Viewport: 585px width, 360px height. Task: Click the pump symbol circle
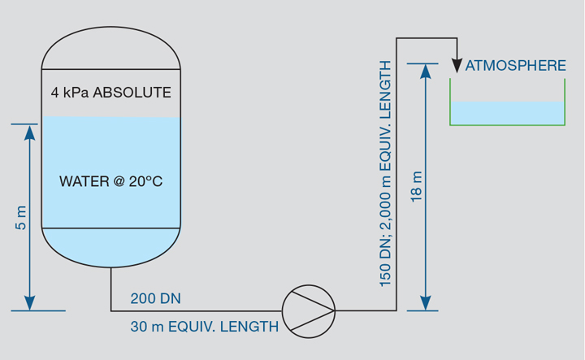pos(309,310)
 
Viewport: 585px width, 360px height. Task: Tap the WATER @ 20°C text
pos(110,181)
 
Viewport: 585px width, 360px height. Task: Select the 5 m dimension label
pos(21,217)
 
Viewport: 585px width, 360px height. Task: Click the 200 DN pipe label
pos(155,299)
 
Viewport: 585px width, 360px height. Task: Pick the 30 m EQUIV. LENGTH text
pos(204,327)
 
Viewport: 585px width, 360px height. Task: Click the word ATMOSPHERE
pos(515,66)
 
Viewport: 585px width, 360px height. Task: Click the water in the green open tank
pos(508,113)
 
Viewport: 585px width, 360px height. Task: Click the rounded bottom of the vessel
pos(110,247)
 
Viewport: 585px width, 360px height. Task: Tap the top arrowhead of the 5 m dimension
pos(29,132)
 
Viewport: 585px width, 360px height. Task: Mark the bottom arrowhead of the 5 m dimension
pos(29,303)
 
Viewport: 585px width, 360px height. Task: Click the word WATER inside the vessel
pos(84,181)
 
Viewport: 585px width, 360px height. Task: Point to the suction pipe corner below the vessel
pos(111,310)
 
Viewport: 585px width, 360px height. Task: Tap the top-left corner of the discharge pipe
pos(396,37)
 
